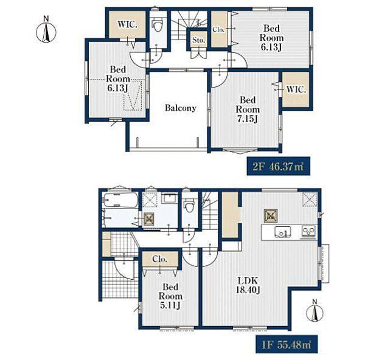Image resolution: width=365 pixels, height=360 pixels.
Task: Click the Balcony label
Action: (x=181, y=108)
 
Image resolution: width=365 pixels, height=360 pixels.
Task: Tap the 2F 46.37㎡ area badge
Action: (x=278, y=166)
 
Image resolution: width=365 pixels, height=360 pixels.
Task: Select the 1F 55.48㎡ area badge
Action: (x=287, y=344)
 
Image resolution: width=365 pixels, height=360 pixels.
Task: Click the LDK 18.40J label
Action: (x=248, y=285)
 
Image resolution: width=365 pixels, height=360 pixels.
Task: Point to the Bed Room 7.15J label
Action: (x=248, y=109)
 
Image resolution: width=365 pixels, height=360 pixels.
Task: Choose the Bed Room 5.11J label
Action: (x=170, y=296)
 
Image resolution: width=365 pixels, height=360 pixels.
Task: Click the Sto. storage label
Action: (x=198, y=40)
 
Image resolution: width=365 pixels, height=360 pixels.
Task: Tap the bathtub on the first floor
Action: (x=120, y=200)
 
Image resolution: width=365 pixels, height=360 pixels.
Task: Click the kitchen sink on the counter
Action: (x=283, y=232)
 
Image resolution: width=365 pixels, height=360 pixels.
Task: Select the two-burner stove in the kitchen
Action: (x=308, y=231)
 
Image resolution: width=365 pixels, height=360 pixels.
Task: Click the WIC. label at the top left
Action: (x=127, y=24)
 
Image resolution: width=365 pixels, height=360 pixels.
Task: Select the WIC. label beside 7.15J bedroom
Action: (x=296, y=89)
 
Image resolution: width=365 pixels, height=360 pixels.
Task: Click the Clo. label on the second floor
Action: (x=218, y=30)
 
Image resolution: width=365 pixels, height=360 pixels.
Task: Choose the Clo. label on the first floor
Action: (x=159, y=259)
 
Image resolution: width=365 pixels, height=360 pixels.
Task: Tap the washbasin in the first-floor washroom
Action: (x=170, y=198)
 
